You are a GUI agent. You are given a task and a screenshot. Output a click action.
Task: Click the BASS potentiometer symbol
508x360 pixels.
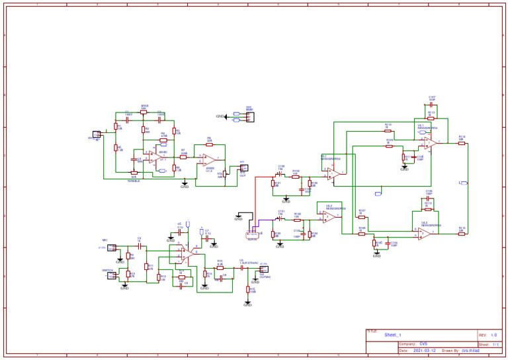pyautogui.click(x=144, y=112)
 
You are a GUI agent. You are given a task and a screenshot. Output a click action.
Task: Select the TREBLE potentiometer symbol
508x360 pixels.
pyautogui.click(x=134, y=173)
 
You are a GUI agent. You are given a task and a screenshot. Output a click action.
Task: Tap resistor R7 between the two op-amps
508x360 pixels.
pyautogui.click(x=183, y=157)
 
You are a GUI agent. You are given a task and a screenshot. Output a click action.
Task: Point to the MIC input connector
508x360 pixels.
pyautogui.click(x=112, y=247)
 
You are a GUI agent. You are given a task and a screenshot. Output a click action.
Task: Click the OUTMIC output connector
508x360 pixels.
pyautogui.click(x=264, y=269)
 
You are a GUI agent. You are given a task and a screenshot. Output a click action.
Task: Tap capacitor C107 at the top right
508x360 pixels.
pyautogui.click(x=431, y=105)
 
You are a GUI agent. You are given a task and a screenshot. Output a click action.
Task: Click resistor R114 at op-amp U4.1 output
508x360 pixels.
pyautogui.click(x=462, y=143)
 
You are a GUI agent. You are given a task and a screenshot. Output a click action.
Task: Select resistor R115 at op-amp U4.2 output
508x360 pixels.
pyautogui.click(x=462, y=234)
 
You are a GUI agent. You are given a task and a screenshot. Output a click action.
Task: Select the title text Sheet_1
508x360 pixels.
pyautogui.click(x=393, y=336)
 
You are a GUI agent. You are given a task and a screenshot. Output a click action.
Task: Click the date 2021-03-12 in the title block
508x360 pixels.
pyautogui.click(x=423, y=351)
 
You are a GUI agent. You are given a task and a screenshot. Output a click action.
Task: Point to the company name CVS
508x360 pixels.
pyautogui.click(x=423, y=344)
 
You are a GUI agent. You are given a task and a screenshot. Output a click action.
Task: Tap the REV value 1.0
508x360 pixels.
pyautogui.click(x=493, y=336)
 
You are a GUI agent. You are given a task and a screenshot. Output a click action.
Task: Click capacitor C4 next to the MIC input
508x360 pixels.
pyautogui.click(x=139, y=247)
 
